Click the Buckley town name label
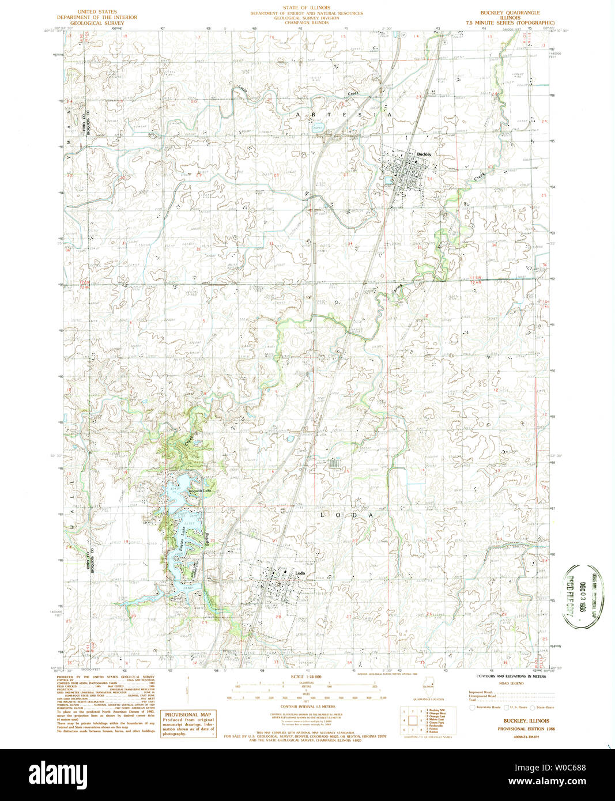coord(424,154)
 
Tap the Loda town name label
coord(300,573)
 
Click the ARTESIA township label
coord(344,115)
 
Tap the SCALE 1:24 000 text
coord(308,677)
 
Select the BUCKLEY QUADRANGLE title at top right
coord(510,12)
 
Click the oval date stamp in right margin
coord(583,596)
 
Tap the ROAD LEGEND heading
coord(511,683)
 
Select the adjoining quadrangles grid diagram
coord(413,720)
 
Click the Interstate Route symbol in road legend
coord(473,707)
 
